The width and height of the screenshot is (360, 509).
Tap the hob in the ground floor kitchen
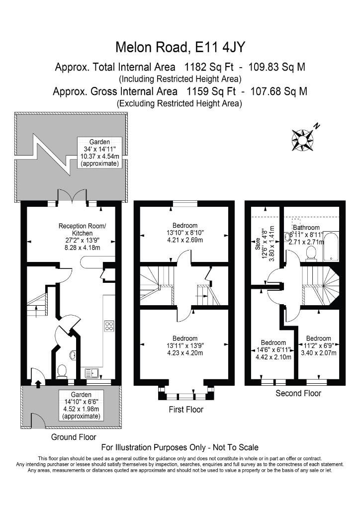coord(109,326)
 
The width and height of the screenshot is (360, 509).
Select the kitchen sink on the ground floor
coord(92,373)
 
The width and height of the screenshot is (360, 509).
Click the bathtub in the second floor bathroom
coord(331,247)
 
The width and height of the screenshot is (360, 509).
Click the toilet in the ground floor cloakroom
coord(62,371)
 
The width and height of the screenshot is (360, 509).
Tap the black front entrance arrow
coord(38,384)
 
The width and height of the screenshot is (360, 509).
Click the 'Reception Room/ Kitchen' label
coord(82,230)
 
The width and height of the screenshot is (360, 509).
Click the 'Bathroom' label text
coord(306,228)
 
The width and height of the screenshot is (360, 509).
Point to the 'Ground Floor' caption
coord(74,437)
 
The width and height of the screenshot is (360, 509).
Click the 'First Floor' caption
coord(186,410)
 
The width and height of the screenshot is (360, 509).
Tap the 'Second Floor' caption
coord(298,394)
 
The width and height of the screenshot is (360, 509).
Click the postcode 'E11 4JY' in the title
coord(220,47)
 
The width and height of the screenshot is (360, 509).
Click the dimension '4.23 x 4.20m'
coord(184,353)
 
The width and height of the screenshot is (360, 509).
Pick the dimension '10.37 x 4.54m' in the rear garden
coord(99,156)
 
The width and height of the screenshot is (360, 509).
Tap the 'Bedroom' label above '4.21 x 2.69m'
coord(184,226)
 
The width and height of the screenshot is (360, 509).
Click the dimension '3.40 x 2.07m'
coord(318,353)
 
